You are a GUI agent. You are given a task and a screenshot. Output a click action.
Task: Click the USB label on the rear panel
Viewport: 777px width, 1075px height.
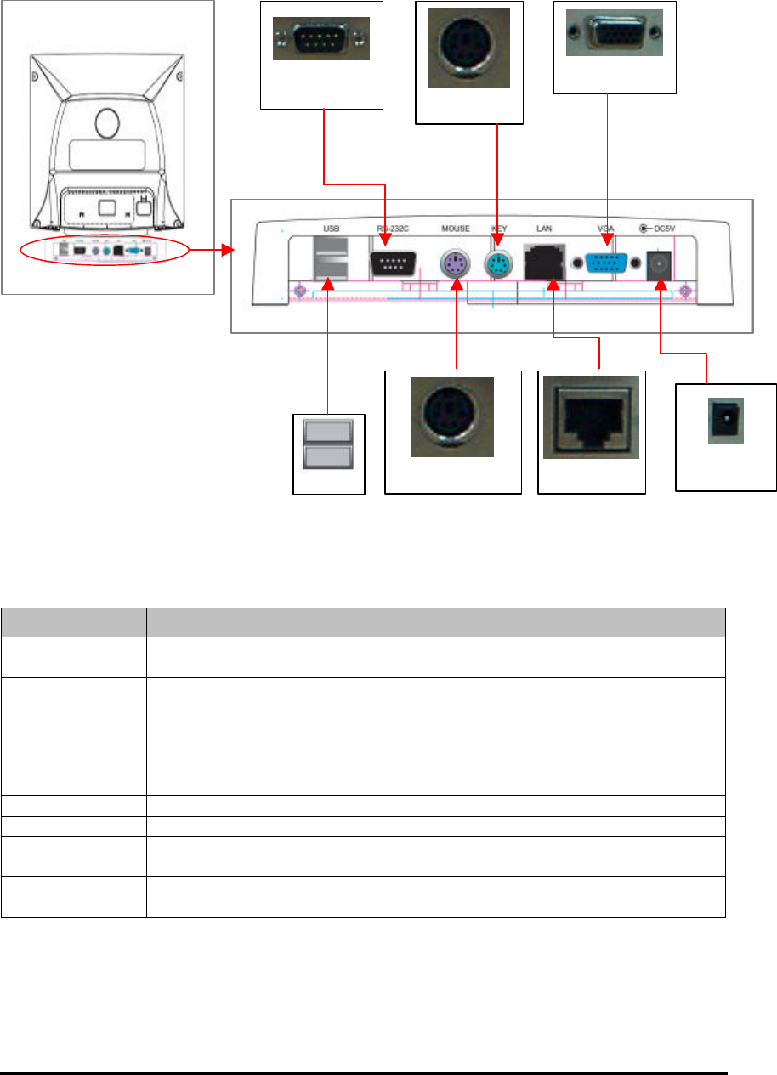(331, 228)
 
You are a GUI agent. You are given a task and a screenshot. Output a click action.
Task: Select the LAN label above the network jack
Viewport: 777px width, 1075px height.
(544, 228)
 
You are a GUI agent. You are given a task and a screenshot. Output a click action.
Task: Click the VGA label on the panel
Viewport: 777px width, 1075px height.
(606, 228)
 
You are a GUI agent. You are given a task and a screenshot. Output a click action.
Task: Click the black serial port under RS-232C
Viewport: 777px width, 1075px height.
(392, 264)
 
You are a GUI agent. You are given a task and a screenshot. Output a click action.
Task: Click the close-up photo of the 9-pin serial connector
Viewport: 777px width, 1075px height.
(321, 39)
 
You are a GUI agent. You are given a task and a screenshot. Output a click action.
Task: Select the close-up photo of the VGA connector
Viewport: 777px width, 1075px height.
(615, 33)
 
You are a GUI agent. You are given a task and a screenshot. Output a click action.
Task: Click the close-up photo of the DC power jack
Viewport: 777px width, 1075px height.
(725, 420)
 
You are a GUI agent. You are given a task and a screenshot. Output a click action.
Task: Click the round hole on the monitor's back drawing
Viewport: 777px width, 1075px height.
(107, 123)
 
